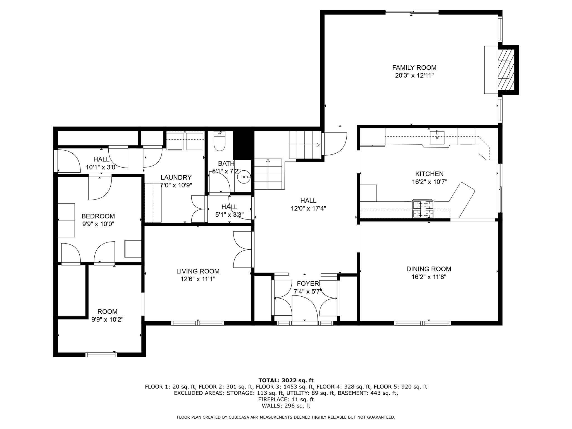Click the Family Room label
tap(414, 68)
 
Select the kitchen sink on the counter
tap(437, 137)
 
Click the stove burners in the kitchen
tap(423, 209)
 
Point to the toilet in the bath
tap(220, 143)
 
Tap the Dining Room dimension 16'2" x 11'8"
tap(429, 277)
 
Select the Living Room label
tap(198, 271)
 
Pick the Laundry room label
tap(176, 177)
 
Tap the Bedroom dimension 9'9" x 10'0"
tap(98, 224)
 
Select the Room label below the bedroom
tap(107, 311)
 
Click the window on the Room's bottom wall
tap(101, 355)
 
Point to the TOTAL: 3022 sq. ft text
tap(286, 380)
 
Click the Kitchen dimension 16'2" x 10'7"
tap(429, 182)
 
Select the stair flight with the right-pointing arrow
tap(304, 145)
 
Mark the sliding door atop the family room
tap(412, 12)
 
